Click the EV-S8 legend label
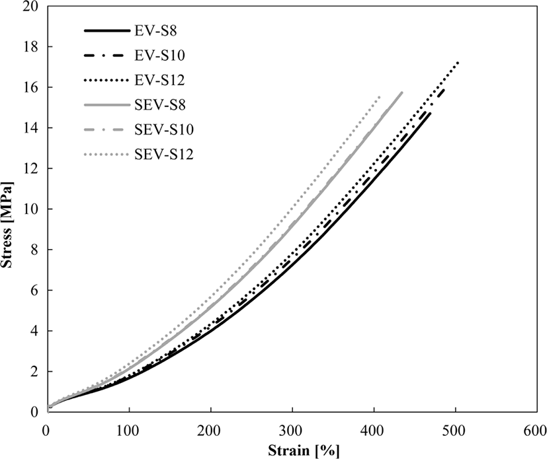[x=155, y=31]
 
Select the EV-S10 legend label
[x=159, y=55]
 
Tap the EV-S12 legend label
[x=159, y=81]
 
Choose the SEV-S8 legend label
[x=160, y=105]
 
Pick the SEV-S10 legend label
[x=164, y=129]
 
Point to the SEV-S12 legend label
[x=164, y=155]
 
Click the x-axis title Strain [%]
[x=304, y=450]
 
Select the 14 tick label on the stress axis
[x=30, y=128]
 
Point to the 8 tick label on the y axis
[x=34, y=250]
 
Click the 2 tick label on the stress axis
[x=34, y=371]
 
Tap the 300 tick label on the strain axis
[x=292, y=431]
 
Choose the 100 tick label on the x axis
[x=130, y=431]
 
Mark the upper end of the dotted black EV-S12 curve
[x=458, y=63]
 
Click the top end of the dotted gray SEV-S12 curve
[x=379, y=96]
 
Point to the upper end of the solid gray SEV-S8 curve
[x=402, y=92]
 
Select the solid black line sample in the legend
[x=107, y=31]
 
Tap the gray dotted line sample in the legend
[x=107, y=155]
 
